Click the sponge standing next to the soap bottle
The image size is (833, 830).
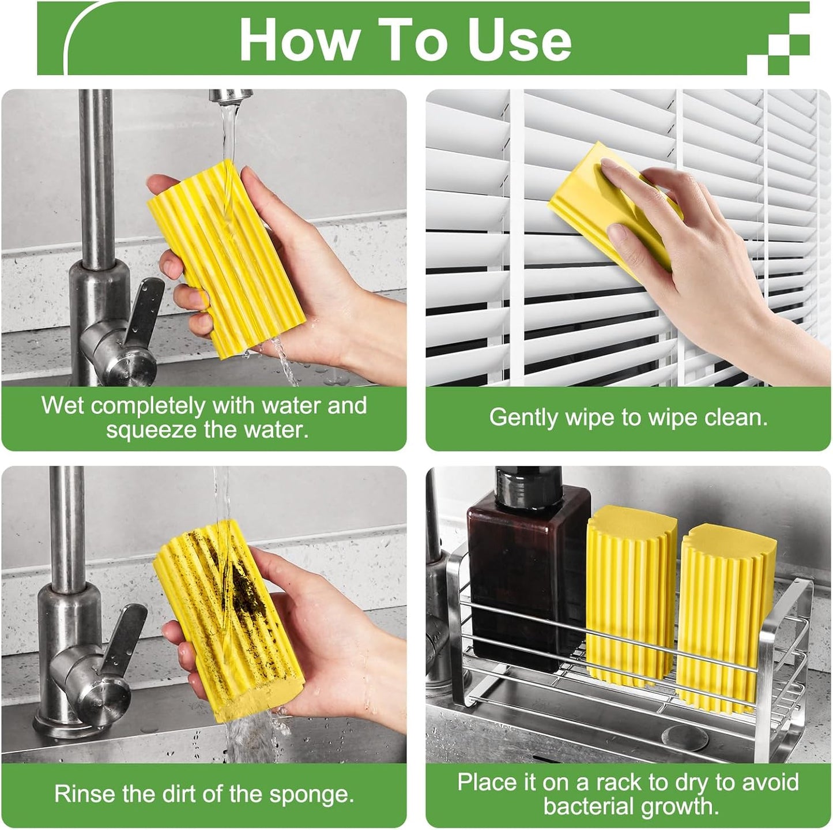pyautogui.click(x=631, y=594)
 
